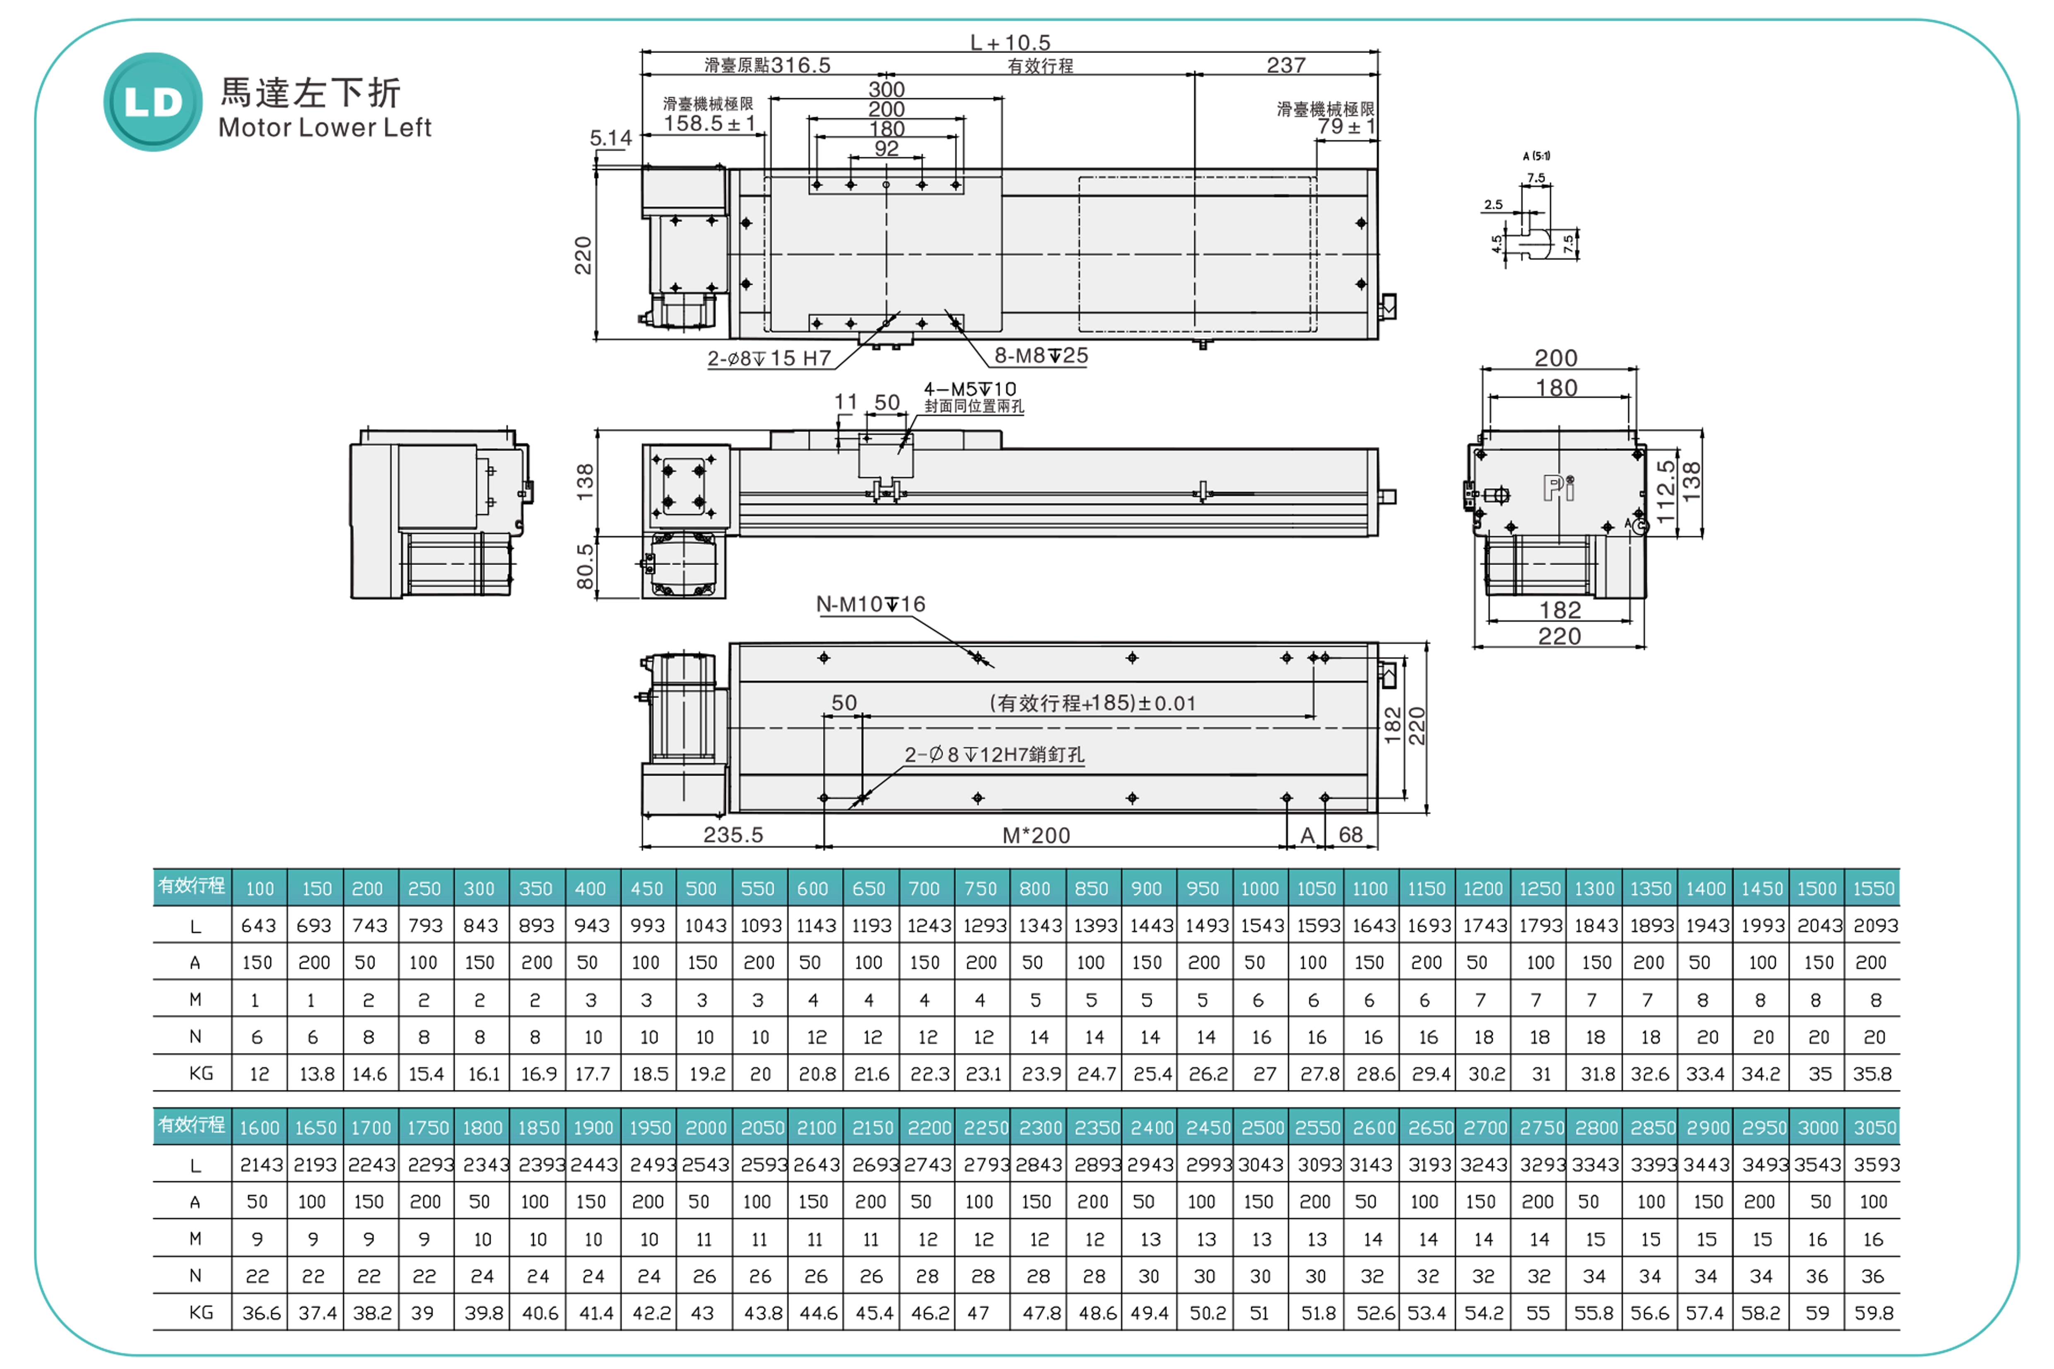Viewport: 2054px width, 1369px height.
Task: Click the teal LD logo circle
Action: (x=153, y=102)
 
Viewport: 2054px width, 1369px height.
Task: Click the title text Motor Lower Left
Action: (x=325, y=128)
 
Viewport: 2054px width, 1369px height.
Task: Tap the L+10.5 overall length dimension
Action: (x=1010, y=42)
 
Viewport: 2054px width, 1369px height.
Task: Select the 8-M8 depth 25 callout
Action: (x=1041, y=355)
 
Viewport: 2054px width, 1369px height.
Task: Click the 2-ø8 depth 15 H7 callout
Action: (x=769, y=358)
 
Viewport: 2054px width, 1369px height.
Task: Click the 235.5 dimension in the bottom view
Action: (x=733, y=835)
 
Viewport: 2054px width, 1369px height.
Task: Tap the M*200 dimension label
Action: (x=1037, y=835)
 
